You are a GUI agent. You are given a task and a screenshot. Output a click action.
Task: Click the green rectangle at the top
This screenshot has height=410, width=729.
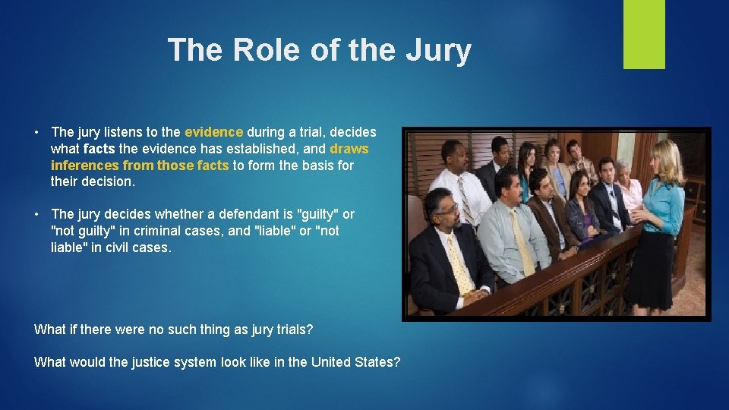644,34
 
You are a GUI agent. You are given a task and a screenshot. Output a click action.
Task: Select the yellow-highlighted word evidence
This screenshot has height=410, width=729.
213,132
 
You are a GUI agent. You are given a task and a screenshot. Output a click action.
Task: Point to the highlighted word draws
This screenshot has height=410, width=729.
349,149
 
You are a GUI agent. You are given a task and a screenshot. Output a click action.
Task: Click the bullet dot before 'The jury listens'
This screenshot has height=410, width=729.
37,133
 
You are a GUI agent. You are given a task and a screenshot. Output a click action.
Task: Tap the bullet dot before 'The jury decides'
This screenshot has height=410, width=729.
37,215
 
